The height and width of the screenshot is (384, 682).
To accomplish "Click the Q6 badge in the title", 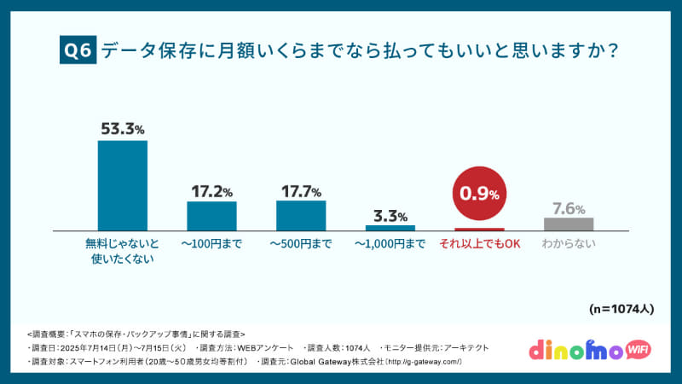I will click(x=78, y=50).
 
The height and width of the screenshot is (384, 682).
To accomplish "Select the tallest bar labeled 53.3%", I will click(x=123, y=185).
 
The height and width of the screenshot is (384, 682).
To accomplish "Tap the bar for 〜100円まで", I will click(x=211, y=216).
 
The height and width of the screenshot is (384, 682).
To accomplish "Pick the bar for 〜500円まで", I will click(x=301, y=215).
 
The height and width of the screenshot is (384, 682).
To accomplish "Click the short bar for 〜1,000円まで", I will click(x=390, y=228).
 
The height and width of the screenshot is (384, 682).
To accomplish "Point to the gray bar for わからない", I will click(x=569, y=224).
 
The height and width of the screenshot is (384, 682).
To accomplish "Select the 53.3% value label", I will click(x=123, y=129).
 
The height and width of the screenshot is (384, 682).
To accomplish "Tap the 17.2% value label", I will click(x=211, y=191).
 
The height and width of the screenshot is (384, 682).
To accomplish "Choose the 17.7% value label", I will click(x=301, y=190).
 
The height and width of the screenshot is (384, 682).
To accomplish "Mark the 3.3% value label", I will click(x=390, y=215).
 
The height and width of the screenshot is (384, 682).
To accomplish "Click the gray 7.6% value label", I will click(x=569, y=208).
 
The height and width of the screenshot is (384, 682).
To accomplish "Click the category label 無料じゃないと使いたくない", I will click(x=123, y=252).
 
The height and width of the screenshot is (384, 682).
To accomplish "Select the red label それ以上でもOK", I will click(x=479, y=244).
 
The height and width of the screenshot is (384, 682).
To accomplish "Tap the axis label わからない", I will click(x=569, y=244).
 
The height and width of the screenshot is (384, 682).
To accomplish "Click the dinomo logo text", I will click(x=573, y=351).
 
